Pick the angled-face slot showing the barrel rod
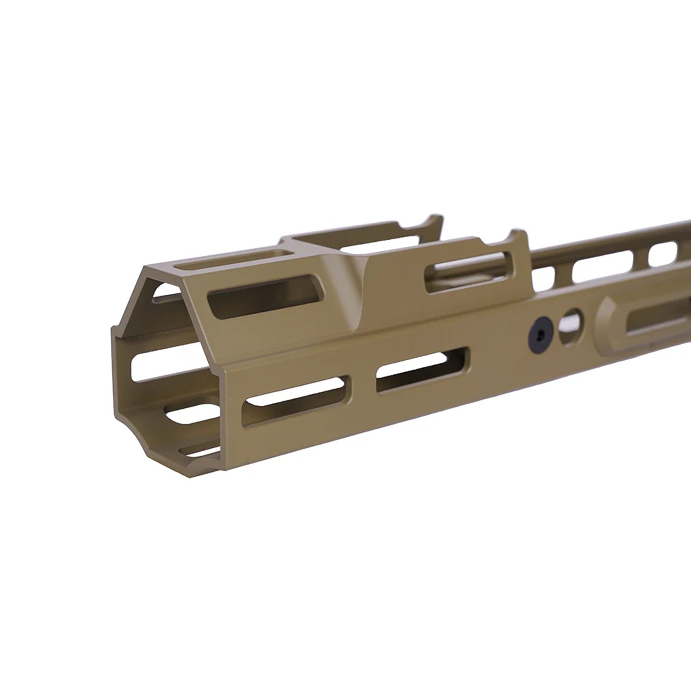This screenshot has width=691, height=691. click(468, 272)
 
